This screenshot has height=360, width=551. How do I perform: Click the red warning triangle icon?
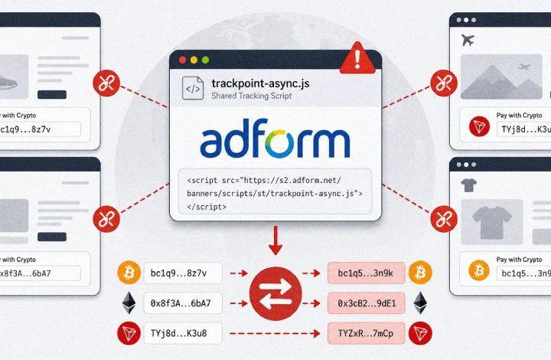point(357,59)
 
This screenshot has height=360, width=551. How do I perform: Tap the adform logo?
point(275,138)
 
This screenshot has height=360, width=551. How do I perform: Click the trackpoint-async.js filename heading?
point(260,83)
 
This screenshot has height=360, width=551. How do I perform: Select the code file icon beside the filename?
point(193,88)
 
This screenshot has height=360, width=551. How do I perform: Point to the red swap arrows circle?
point(275,293)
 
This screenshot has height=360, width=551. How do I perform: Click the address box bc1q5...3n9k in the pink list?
point(366,273)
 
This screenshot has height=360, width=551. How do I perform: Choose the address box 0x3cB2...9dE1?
point(366,303)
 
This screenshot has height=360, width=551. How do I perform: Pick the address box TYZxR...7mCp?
point(366,333)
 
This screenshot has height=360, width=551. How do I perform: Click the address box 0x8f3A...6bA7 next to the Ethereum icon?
point(183,303)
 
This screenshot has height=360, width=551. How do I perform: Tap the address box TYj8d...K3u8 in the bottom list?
point(183,333)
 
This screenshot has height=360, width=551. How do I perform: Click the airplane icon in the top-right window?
point(468,40)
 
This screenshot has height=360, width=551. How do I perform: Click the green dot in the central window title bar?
point(206,60)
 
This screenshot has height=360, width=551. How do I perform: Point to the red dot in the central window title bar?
point(183,60)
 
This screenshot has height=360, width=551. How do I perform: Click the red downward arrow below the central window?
point(275,241)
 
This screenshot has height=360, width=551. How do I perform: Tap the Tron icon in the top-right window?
point(479,126)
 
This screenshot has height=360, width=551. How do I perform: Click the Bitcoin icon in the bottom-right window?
point(479,270)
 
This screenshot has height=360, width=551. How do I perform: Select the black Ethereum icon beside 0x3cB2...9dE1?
point(420,303)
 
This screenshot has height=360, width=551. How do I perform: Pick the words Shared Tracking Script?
point(252,96)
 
